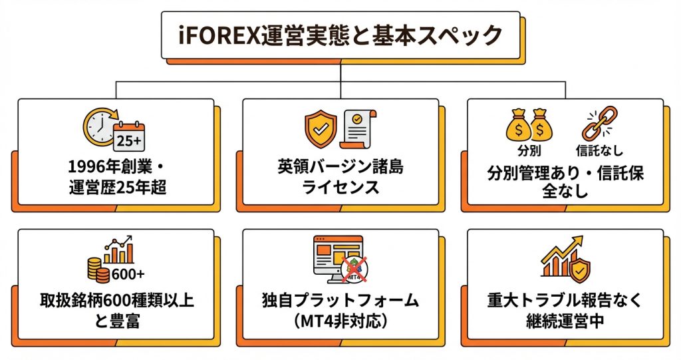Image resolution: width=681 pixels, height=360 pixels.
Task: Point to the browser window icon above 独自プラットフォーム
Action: (335, 256)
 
